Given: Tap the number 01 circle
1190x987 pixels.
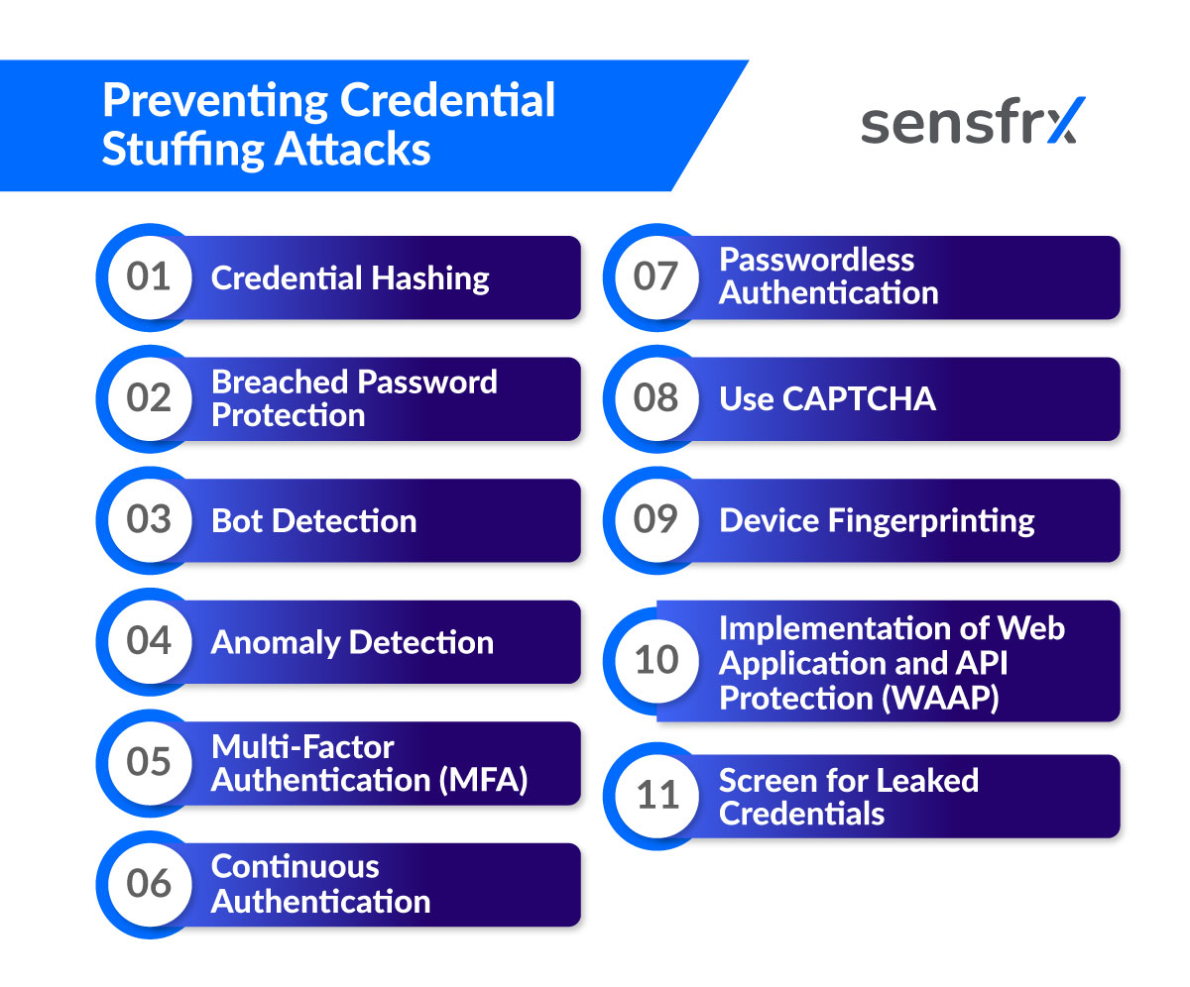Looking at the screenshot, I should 149,277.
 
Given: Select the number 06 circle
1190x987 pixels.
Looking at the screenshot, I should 149,884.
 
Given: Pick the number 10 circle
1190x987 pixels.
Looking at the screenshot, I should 656,660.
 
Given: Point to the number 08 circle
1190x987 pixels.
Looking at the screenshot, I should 656,398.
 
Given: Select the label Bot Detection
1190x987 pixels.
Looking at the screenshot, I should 313,521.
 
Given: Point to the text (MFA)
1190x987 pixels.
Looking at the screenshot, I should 483,780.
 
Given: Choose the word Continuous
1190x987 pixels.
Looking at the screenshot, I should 295,866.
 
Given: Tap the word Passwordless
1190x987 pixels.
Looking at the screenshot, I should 816,260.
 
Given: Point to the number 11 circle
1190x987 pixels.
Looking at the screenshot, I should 656,795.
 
